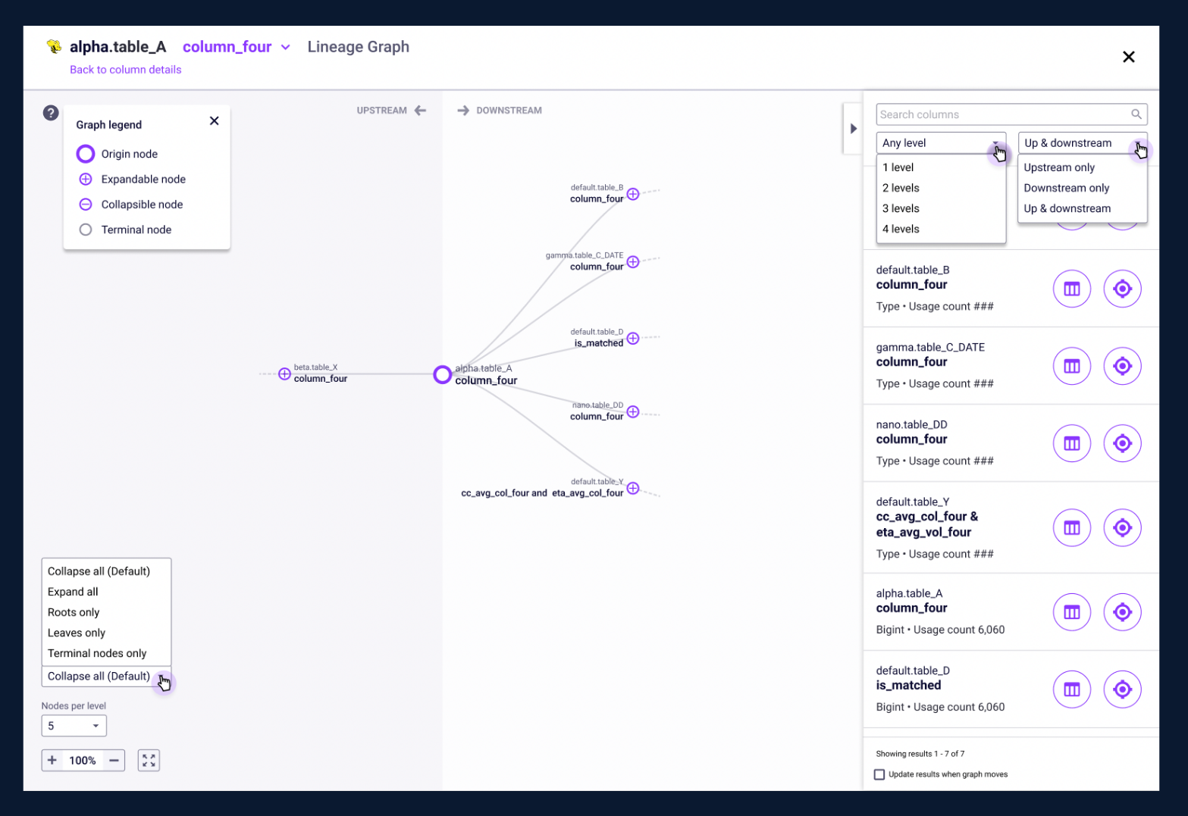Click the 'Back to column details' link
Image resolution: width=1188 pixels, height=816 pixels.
[125, 70]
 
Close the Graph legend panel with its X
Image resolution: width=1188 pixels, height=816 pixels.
[215, 120]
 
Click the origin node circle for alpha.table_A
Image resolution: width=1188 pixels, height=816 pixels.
[442, 374]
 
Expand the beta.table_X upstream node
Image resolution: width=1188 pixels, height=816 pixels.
[284, 374]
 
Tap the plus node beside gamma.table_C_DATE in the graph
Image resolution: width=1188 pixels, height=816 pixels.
[633, 261]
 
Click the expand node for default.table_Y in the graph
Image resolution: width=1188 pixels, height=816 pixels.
[633, 488]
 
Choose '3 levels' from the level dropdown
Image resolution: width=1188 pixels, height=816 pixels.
[901, 208]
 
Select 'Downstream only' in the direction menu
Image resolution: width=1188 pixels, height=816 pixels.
[1066, 188]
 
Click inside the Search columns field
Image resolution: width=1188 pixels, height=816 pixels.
[1002, 114]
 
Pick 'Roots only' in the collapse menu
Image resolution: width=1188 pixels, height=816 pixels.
[74, 612]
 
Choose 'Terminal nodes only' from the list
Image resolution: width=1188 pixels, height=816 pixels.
[96, 653]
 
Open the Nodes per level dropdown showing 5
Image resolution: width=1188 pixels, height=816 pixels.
[74, 725]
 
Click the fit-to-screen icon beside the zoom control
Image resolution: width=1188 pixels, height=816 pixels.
[149, 761]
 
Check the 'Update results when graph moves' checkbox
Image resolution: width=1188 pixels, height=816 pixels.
[879, 774]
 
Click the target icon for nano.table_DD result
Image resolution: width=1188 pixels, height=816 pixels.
[1122, 443]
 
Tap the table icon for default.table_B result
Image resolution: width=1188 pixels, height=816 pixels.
[1072, 289]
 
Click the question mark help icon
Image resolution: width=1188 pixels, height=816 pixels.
[50, 113]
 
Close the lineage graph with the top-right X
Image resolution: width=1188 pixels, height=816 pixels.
[1129, 57]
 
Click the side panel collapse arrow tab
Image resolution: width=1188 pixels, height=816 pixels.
[853, 128]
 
